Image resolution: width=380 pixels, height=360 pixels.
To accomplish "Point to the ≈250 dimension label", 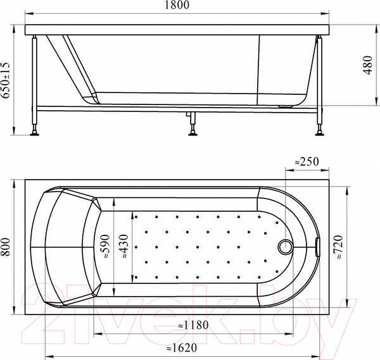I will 308,161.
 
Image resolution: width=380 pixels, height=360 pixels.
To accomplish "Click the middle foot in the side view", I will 191,130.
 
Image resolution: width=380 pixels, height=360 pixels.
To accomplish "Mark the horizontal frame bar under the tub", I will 127,111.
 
